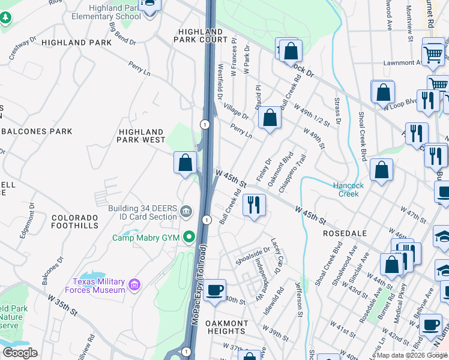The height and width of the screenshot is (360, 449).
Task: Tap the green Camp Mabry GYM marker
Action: coord(190,238)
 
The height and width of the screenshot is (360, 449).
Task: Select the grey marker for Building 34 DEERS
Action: coord(186,211)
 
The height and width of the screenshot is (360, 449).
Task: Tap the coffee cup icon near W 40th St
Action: coord(214,291)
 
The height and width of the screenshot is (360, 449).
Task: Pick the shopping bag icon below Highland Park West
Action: coord(185,162)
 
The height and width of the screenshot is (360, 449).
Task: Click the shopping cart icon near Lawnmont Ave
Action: coord(433,54)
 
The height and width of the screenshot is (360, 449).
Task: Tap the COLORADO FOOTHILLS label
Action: coord(75,221)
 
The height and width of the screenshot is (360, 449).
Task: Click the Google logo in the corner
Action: coord(19,353)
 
